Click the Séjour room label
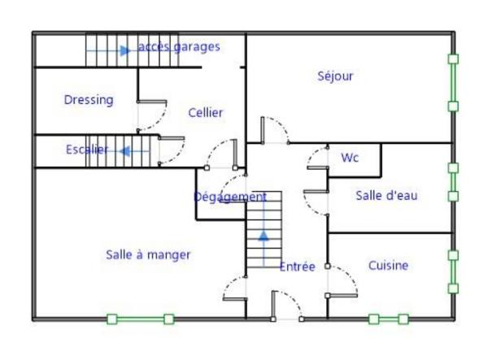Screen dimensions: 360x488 click(x=335, y=76)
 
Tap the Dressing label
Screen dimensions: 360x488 click(x=89, y=100)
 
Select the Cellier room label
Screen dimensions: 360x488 click(x=205, y=113)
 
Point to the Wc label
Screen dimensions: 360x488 click(x=350, y=157)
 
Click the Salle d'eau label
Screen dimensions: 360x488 click(x=386, y=195)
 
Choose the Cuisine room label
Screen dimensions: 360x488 click(x=388, y=266)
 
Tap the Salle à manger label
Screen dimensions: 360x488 click(x=148, y=254)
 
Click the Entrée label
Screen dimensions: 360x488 click(x=297, y=267)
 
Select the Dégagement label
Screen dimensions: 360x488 click(x=230, y=197)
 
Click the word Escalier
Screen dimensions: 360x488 click(x=86, y=150)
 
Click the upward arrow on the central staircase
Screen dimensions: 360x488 click(x=263, y=236)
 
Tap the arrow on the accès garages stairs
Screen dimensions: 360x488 click(x=124, y=50)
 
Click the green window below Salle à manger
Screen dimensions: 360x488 click(x=140, y=319)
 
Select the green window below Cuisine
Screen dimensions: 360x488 click(x=389, y=319)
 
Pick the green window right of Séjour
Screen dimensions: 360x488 click(x=453, y=82)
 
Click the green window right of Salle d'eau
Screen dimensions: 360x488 click(x=453, y=182)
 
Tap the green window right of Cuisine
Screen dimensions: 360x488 click(x=453, y=271)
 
